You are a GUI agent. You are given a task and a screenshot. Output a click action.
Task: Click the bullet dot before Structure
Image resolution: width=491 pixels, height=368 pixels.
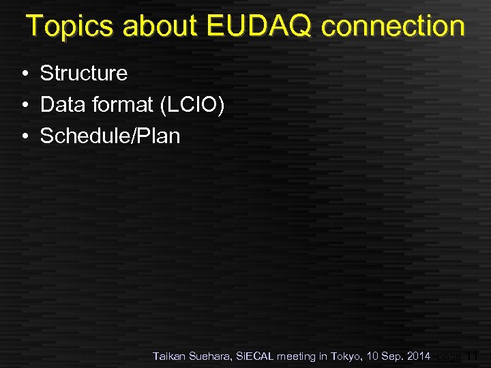click(x=24, y=74)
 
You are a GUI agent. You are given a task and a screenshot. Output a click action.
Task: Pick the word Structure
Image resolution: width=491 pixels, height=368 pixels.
click(x=84, y=73)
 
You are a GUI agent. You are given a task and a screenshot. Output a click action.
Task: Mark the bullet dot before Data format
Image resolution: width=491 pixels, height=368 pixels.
click(x=24, y=105)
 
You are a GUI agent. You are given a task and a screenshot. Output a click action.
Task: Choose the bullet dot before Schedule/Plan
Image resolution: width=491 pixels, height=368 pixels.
click(x=24, y=136)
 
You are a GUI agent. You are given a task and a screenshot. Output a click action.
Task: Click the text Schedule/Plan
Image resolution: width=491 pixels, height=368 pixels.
click(x=110, y=136)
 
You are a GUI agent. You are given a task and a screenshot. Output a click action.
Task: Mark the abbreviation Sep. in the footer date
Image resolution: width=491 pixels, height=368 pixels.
click(x=393, y=356)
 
